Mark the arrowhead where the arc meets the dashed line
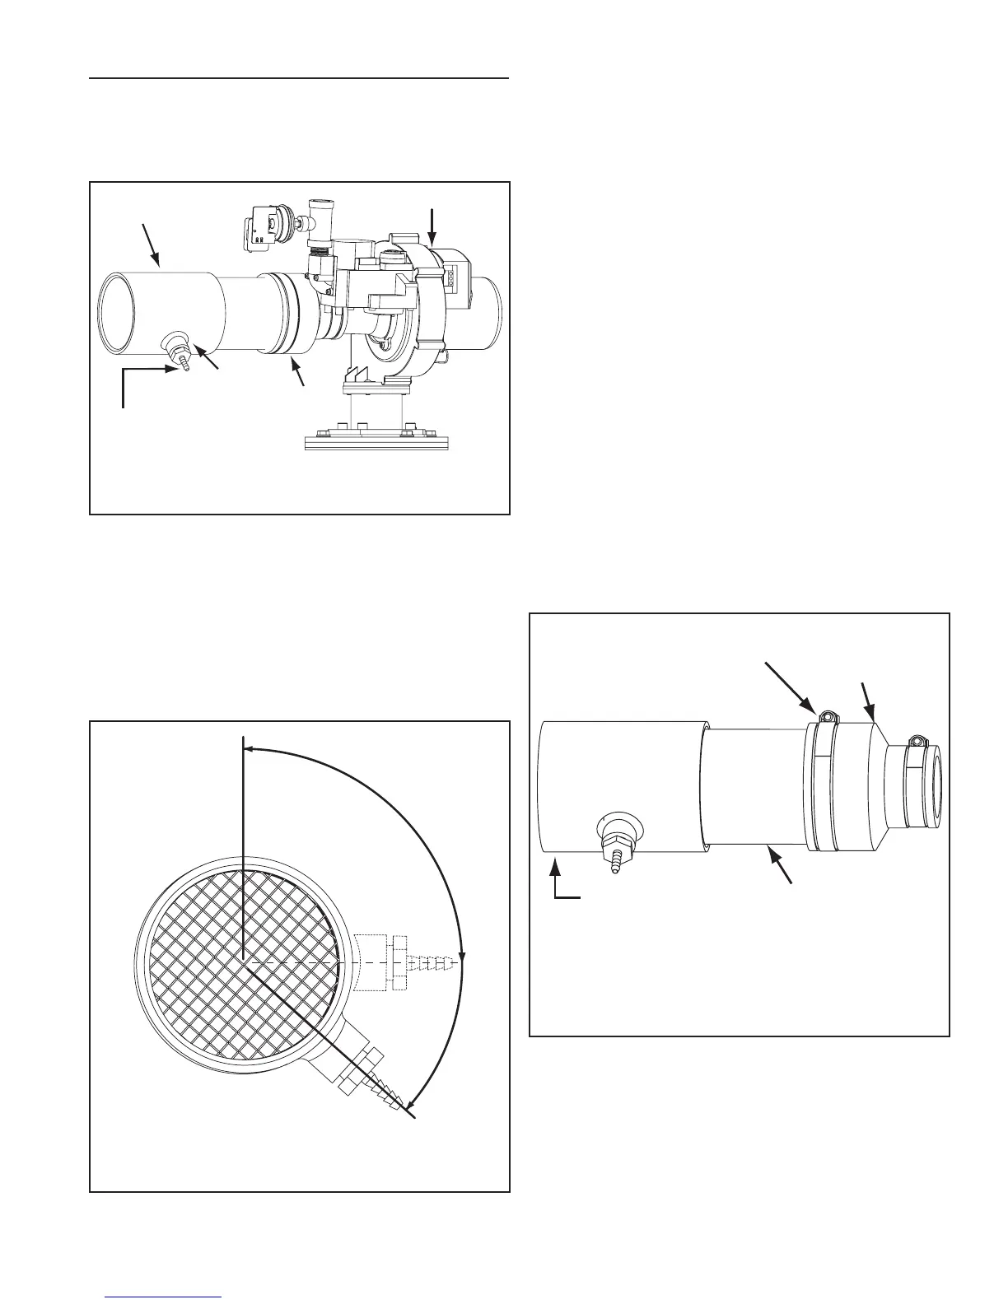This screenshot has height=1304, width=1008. click(x=463, y=957)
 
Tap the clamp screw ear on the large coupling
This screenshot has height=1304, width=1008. click(x=827, y=718)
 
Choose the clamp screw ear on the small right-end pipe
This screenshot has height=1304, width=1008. click(x=917, y=741)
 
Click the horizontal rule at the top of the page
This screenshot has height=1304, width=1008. click(x=300, y=79)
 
